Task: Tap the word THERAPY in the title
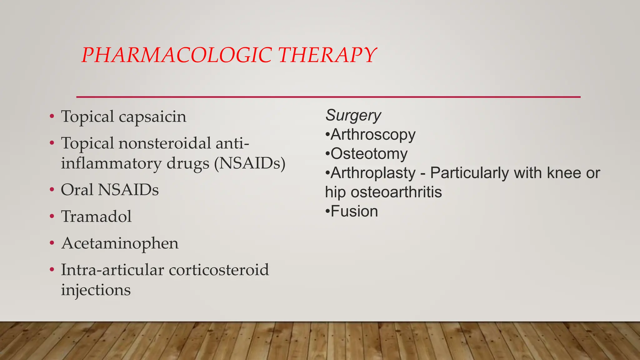pyautogui.click(x=327, y=55)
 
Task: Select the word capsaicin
pyautogui.click(x=152, y=117)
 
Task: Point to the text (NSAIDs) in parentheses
pyautogui.click(x=250, y=163)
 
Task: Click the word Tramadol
pyautogui.click(x=96, y=216)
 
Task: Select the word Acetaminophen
pyautogui.click(x=120, y=243)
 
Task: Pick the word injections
pyautogui.click(x=96, y=290)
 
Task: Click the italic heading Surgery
pyautogui.click(x=353, y=115)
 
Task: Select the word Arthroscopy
pyautogui.click(x=373, y=135)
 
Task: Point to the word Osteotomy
pyautogui.click(x=369, y=154)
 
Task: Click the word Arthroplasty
pyautogui.click(x=373, y=173)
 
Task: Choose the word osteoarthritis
pyautogui.click(x=396, y=192)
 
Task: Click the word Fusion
pyautogui.click(x=354, y=211)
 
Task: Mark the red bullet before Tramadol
pyautogui.click(x=52, y=216)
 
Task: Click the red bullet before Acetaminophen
pyautogui.click(x=52, y=243)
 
